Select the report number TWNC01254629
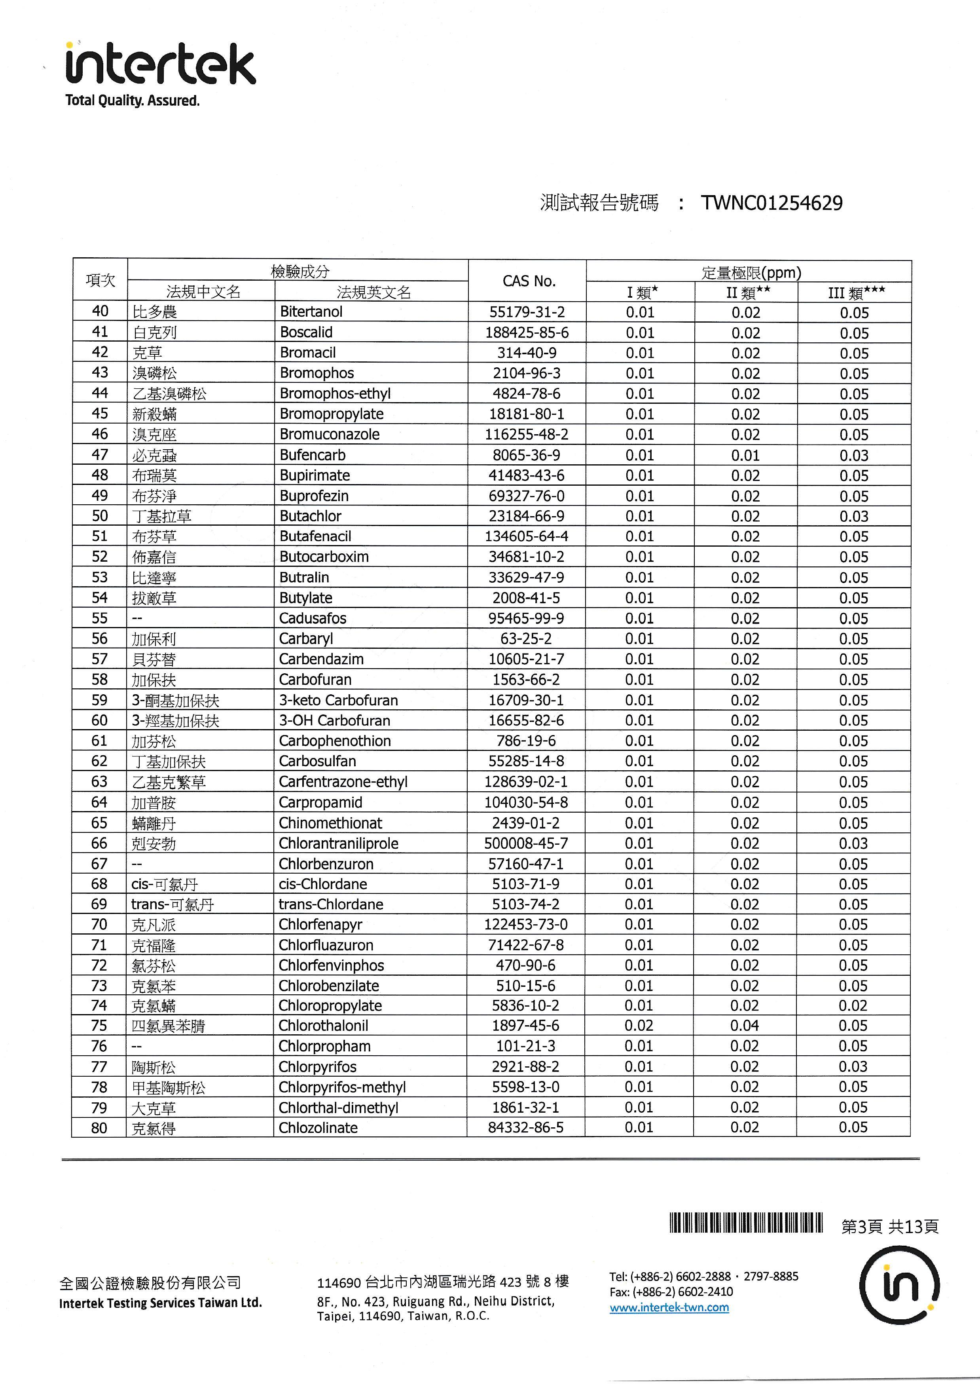[x=771, y=203]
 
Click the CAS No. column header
[x=528, y=281]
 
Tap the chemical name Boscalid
[x=306, y=332]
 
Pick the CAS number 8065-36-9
[x=526, y=455]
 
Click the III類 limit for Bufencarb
[x=854, y=456]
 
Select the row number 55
[x=100, y=618]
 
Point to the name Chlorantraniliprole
[x=338, y=843]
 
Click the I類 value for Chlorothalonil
[x=639, y=1026]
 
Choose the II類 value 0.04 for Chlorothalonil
[x=745, y=1026]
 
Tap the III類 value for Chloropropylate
[x=853, y=1006]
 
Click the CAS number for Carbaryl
[x=526, y=638]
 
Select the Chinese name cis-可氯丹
[x=164, y=884]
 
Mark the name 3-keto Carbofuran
[x=338, y=700]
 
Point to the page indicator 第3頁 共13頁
[x=889, y=1226]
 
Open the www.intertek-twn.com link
[x=669, y=1307]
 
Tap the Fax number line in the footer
[x=671, y=1292]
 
